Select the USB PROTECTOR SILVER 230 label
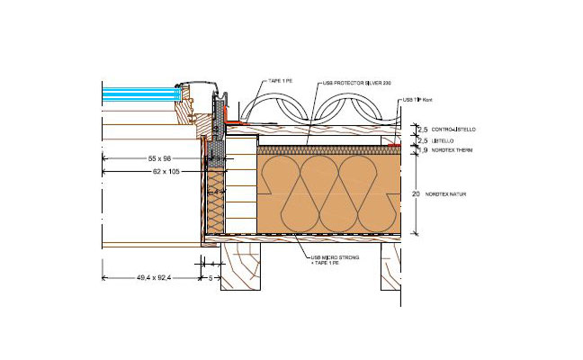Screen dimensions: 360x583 (x=355, y=83)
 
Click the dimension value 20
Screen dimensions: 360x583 (x=416, y=193)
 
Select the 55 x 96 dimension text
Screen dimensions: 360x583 (x=165, y=157)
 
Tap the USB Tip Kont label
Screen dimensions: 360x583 (x=412, y=100)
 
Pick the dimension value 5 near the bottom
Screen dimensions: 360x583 (x=210, y=278)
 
